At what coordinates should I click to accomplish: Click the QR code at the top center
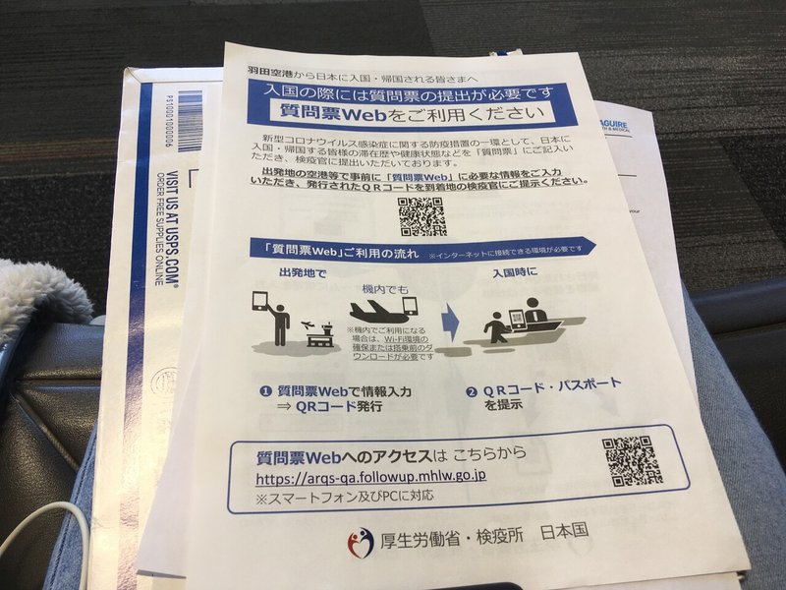(x=421, y=215)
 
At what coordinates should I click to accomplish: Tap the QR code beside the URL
(x=631, y=460)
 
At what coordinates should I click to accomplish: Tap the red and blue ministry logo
(x=361, y=542)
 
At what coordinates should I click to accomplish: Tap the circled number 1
(x=265, y=390)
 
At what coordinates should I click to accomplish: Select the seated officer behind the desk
(x=535, y=317)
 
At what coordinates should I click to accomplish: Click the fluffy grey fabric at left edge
(x=39, y=295)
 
